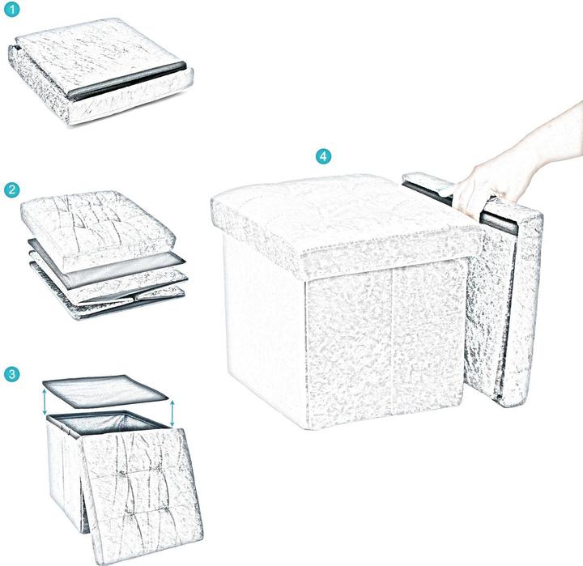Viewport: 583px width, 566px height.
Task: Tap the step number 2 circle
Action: [x=12, y=190]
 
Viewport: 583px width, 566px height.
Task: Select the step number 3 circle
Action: [x=12, y=373]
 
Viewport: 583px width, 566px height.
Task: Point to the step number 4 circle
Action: [x=324, y=156]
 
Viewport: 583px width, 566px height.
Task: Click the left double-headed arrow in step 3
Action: [x=45, y=402]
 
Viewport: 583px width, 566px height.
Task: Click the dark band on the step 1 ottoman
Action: [x=126, y=82]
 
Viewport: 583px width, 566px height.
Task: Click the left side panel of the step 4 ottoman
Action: [x=263, y=324]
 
